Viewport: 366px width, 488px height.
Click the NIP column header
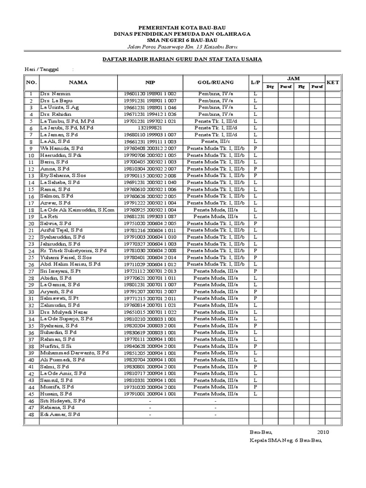[x=150, y=82]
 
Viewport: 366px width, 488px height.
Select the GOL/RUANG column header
[x=215, y=82]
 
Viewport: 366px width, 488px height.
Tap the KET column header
[x=333, y=82]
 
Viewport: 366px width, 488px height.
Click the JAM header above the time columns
[x=293, y=78]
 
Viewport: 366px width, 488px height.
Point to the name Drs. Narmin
[x=52, y=94]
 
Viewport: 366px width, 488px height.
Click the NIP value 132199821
[x=150, y=128]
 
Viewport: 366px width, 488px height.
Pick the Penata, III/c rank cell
[x=215, y=142]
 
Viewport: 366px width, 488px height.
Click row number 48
[x=31, y=415]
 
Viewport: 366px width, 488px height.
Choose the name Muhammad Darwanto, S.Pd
[x=74, y=353]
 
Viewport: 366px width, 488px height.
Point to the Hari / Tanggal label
[x=41, y=70]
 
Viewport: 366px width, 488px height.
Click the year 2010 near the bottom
[x=323, y=432]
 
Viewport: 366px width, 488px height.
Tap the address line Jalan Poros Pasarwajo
[x=183, y=47]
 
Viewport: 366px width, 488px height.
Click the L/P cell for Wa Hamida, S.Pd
[x=255, y=149]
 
